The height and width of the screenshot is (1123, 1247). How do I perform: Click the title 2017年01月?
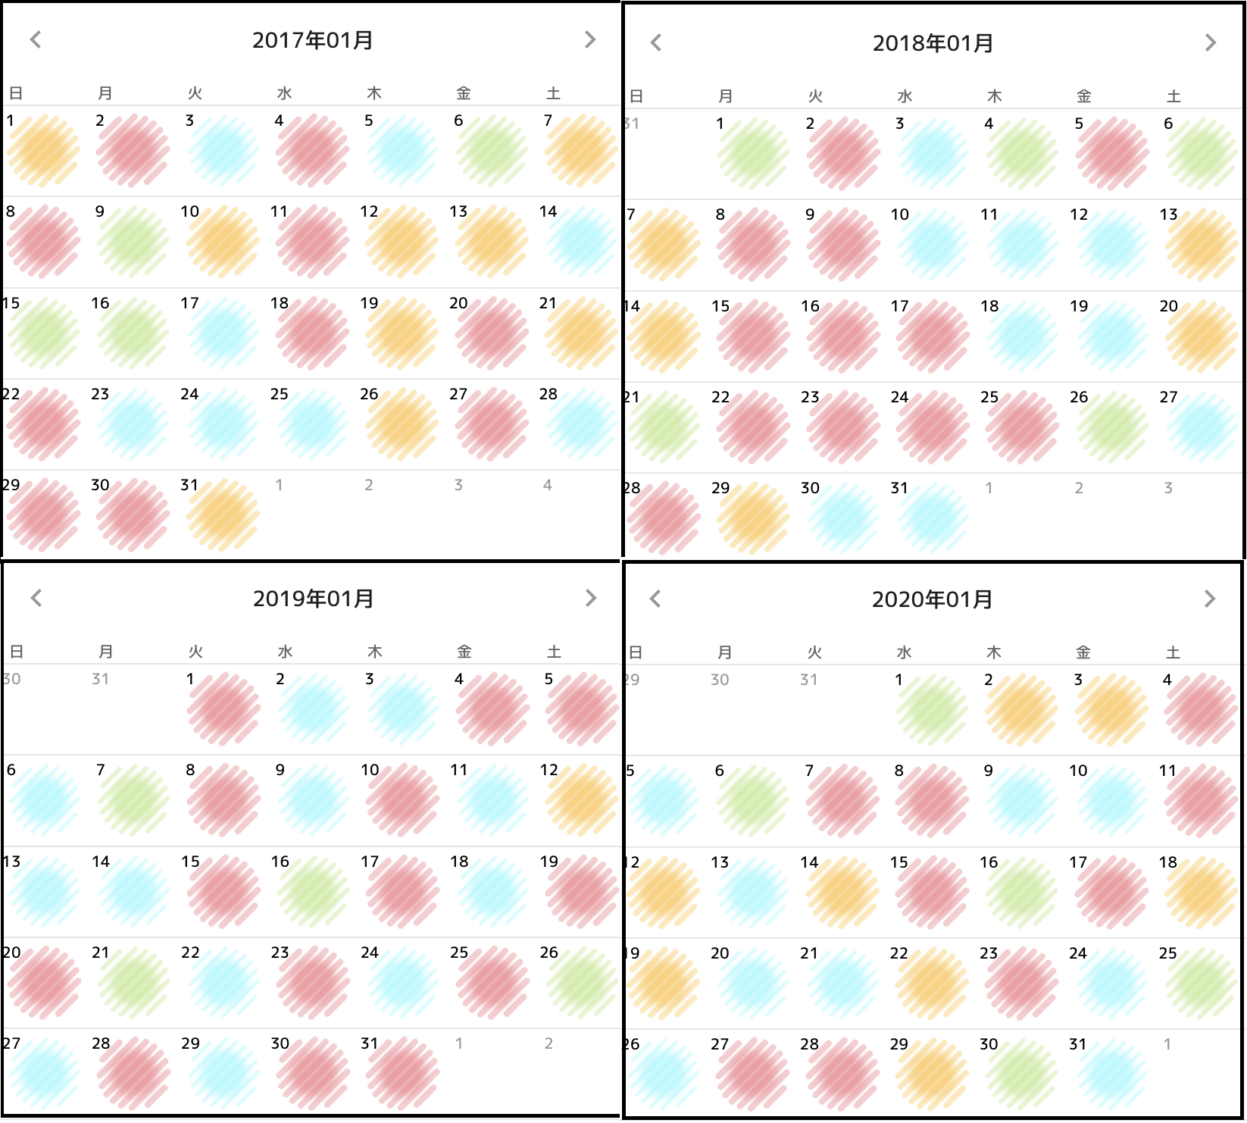point(312,40)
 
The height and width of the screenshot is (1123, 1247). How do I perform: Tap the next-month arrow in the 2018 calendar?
point(1210,43)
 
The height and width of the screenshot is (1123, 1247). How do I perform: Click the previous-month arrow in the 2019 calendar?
point(36,598)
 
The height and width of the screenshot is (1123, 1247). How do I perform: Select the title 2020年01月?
point(932,599)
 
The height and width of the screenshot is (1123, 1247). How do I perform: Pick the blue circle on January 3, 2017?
point(223,151)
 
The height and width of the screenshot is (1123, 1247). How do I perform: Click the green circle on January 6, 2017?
point(492,151)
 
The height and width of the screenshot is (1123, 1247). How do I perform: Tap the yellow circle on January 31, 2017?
point(223,515)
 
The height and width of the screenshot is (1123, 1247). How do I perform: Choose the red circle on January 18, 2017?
point(312,333)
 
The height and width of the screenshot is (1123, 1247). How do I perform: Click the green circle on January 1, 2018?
point(753,154)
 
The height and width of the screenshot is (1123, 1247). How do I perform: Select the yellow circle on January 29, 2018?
point(753,518)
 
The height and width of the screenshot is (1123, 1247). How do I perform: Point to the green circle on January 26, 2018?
point(1111,427)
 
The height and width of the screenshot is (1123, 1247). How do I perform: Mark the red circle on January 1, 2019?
point(223,709)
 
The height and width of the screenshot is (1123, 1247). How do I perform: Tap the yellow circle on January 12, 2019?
point(581,799)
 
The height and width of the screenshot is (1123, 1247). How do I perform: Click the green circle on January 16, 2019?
point(313,891)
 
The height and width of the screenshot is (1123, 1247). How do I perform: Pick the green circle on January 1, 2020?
point(932,710)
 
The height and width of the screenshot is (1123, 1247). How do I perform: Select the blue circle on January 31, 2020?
point(1111,1074)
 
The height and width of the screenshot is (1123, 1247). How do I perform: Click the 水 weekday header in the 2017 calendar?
point(284,93)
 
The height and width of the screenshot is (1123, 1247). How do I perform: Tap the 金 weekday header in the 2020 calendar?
point(1083,652)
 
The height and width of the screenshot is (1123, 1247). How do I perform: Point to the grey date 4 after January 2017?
point(548,485)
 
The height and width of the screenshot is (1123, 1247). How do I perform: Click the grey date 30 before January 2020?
point(720,680)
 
